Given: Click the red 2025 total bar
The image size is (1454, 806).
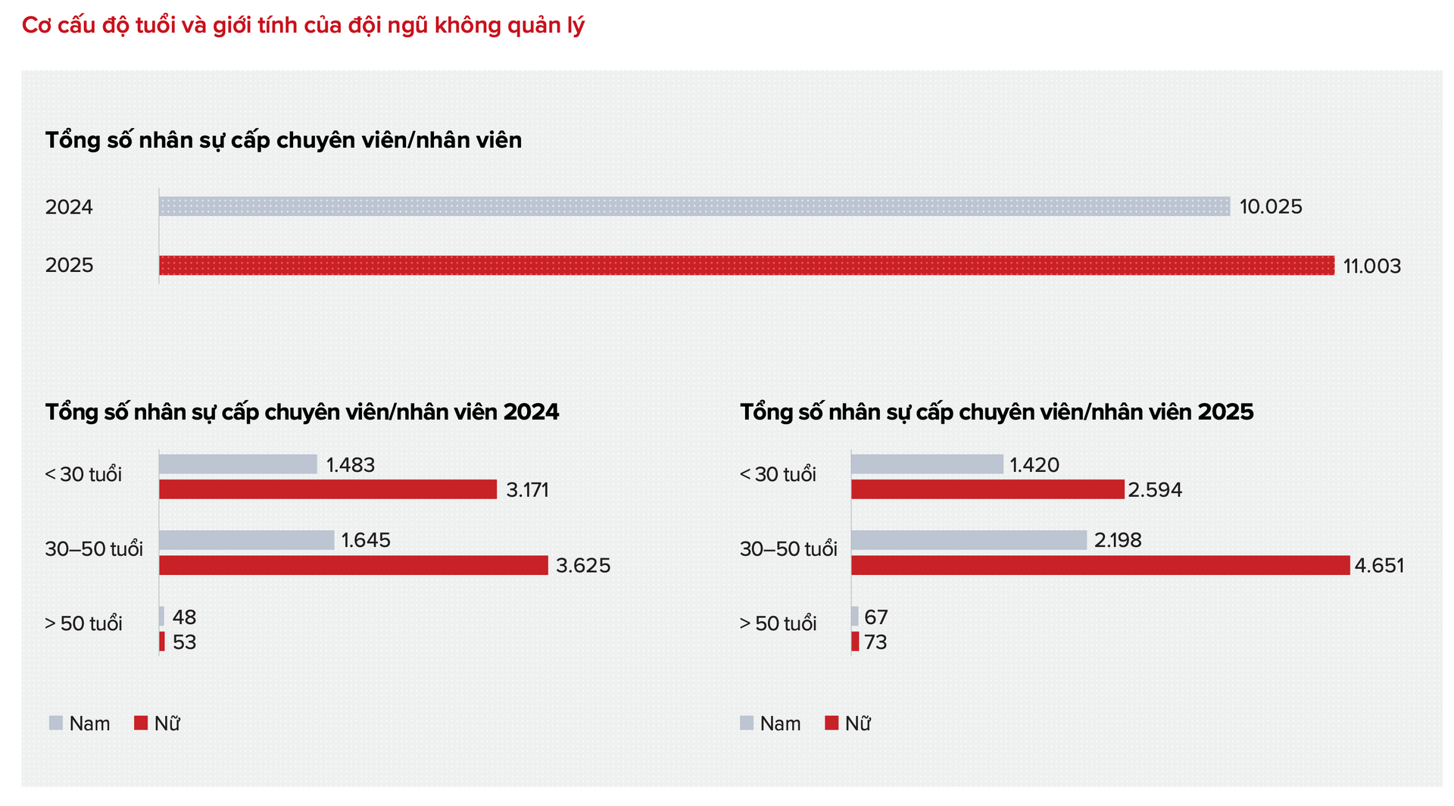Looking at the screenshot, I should tap(746, 265).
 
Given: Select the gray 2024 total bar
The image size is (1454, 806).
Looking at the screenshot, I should tap(694, 206).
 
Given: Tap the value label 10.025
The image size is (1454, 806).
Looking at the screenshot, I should tap(1270, 207).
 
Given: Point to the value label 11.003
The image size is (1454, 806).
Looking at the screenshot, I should tap(1371, 267).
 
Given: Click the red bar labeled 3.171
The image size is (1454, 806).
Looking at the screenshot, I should tap(327, 489).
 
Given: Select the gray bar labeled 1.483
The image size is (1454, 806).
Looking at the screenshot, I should tap(238, 464).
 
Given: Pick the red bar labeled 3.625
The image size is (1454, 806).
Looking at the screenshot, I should tap(353, 565).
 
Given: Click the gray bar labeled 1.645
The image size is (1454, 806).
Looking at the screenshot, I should tap(246, 540).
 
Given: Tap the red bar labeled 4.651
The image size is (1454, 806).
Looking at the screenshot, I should tap(1100, 565).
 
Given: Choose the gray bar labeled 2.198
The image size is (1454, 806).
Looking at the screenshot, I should tap(969, 540).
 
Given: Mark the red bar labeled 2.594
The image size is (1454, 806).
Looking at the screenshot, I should tap(987, 489).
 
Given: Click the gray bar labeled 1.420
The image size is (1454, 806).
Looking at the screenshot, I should tap(927, 464).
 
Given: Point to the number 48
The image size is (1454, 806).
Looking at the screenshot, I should tap(184, 617).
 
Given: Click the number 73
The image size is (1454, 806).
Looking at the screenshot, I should tap(875, 642).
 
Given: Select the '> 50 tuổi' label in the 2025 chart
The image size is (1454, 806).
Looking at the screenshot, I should tap(778, 623).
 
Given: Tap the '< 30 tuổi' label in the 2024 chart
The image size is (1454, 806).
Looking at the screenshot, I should tap(83, 474).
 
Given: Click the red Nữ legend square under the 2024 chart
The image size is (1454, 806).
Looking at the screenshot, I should tap(141, 723).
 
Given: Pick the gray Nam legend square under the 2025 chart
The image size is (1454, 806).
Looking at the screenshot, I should tap(747, 723).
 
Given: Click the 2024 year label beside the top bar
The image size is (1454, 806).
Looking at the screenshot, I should tap(69, 207).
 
